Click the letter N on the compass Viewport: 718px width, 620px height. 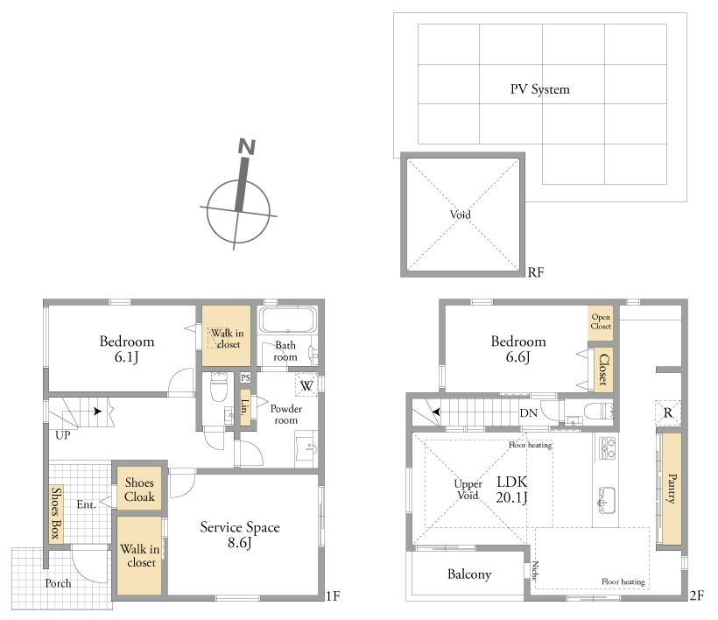pyautogui.click(x=247, y=146)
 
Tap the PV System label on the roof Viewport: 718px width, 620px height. pyautogui.click(x=540, y=88)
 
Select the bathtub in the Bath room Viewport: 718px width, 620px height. pyautogui.click(x=288, y=319)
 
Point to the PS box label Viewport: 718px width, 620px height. pyautogui.click(x=245, y=377)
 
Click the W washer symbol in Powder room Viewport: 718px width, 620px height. pyautogui.click(x=306, y=385)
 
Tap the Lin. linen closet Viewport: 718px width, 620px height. pyautogui.click(x=245, y=407)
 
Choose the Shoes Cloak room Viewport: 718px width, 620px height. pyautogui.click(x=139, y=488)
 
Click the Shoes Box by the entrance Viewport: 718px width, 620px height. pyautogui.click(x=56, y=513)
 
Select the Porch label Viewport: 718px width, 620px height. pyautogui.click(x=58, y=583)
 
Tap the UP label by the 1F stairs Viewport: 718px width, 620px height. pyautogui.click(x=63, y=435)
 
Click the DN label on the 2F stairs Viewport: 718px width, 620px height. pyautogui.click(x=528, y=413)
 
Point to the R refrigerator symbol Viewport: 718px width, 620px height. pyautogui.click(x=668, y=413)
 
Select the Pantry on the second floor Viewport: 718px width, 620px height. pyautogui.click(x=672, y=489)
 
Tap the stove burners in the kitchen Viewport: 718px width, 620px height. pyautogui.click(x=607, y=448)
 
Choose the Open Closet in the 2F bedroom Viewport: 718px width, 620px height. pyautogui.click(x=601, y=322)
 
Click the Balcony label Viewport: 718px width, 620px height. pyautogui.click(x=469, y=574)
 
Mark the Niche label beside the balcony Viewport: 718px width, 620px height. pyautogui.click(x=534, y=571)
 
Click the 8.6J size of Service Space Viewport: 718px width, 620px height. pyautogui.click(x=240, y=543)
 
